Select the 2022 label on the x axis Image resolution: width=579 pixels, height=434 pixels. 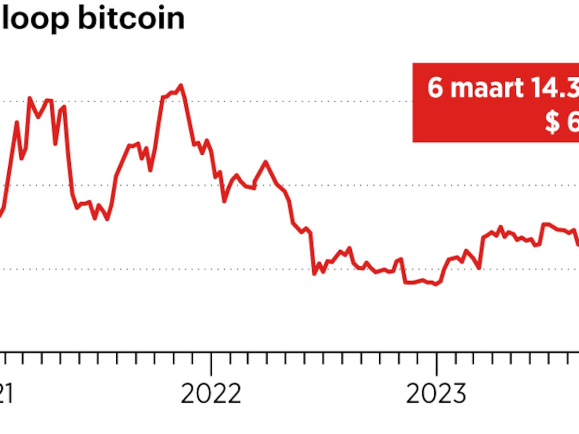[211, 395]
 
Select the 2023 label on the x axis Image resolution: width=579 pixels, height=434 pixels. [436, 395]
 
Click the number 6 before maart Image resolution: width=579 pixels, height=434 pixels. [435, 88]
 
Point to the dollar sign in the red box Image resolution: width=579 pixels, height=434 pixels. [552, 122]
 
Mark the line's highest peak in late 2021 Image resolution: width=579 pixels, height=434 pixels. [181, 86]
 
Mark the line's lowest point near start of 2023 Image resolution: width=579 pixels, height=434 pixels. [436, 285]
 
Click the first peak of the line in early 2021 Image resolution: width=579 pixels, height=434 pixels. [29, 98]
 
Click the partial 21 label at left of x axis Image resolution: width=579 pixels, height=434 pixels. [6, 395]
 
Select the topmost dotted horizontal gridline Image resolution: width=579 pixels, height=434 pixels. [289, 102]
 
